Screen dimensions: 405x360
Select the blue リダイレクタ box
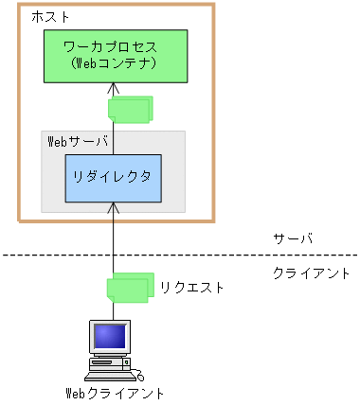point(113,177)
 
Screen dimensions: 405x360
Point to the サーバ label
point(292,238)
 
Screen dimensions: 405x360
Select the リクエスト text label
point(192,286)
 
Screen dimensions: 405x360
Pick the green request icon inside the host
point(130,109)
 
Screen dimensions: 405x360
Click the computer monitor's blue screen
point(110,335)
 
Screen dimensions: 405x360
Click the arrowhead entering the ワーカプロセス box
point(113,87)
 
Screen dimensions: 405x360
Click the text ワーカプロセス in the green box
point(112,45)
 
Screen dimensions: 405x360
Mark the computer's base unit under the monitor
point(110,360)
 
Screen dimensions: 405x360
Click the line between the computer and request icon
point(113,310)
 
